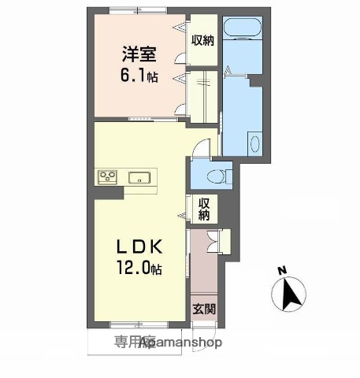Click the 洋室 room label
[x=139, y=54]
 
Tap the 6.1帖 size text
[x=139, y=77]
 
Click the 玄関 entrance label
[x=202, y=309]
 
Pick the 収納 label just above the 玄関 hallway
[x=203, y=209]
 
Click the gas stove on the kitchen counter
[x=108, y=176]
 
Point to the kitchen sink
[x=140, y=177]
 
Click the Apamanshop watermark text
[x=181, y=343]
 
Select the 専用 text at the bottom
[x=126, y=343]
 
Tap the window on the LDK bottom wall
[x=126, y=325]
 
